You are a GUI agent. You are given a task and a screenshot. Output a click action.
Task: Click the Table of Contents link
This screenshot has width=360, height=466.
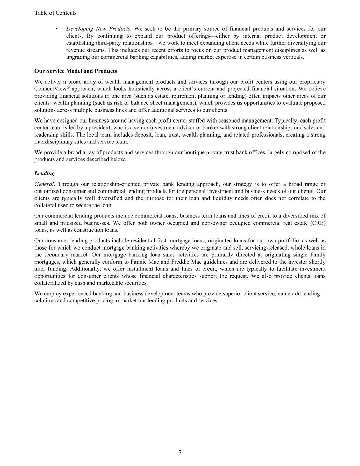55,13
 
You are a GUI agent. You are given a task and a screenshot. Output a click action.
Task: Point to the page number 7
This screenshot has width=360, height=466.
180,452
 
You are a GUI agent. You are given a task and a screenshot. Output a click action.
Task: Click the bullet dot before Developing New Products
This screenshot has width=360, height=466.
57,29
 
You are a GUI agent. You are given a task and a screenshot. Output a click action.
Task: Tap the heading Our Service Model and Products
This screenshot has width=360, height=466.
75,71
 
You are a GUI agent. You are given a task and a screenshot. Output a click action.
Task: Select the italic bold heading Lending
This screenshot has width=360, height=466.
44,173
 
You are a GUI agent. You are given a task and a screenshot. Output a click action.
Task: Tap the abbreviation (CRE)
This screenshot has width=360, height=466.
318,223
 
